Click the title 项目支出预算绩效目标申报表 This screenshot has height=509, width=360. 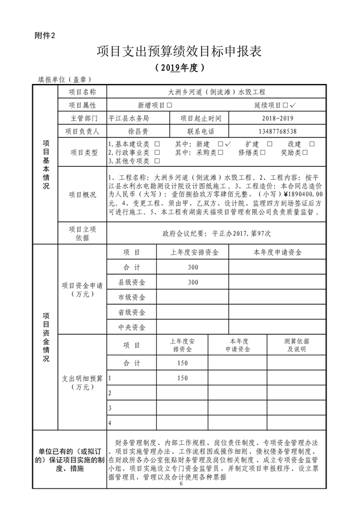[x=179, y=52]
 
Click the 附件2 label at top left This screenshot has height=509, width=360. [x=45, y=36]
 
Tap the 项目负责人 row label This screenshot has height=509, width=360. [x=82, y=131]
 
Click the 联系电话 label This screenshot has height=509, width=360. [x=196, y=131]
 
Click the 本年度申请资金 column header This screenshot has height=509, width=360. [x=277, y=251]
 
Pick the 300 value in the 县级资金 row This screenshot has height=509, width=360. [x=193, y=282]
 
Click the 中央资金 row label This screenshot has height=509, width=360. [x=132, y=327]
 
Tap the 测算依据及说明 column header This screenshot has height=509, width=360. [x=296, y=345]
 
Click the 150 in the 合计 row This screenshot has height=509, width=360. [x=182, y=363]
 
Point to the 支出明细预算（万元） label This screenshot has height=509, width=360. [x=82, y=382]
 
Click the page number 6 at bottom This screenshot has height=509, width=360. [x=181, y=483]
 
